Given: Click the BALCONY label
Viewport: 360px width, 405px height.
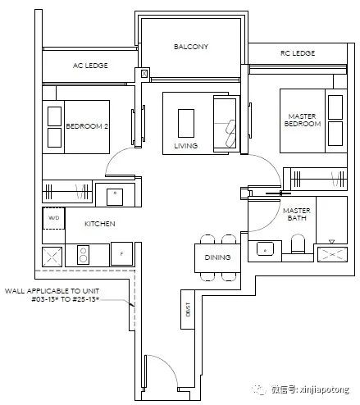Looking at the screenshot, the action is point(191,47).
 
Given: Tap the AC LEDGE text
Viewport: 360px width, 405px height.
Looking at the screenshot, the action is point(90,66).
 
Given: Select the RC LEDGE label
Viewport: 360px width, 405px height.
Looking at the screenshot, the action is point(298,53).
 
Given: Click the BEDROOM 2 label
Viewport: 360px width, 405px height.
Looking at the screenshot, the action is point(87,126).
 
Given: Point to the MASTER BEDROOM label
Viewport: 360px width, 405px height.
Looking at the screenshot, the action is point(303,120).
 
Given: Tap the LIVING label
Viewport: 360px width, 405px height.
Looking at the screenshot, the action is point(186,146).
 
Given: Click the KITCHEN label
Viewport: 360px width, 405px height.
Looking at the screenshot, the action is point(100,224).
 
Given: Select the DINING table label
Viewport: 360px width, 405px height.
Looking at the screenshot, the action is point(217,257).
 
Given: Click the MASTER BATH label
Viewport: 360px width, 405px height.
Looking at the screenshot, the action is point(297,214).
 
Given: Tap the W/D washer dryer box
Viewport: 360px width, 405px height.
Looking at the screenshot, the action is point(53,218).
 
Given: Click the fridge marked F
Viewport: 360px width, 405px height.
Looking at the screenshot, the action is point(121,253).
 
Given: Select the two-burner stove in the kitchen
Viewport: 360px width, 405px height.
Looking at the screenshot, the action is point(83,255).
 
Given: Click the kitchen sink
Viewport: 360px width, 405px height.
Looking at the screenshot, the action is point(115,197).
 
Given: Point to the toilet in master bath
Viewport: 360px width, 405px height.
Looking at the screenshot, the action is point(298,243).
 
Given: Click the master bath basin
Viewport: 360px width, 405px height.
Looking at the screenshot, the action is point(265,249).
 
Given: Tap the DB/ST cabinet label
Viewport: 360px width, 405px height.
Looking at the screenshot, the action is point(188,309).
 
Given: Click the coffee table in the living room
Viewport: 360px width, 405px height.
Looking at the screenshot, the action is point(186,123).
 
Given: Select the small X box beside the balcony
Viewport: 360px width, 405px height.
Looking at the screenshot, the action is point(144,74).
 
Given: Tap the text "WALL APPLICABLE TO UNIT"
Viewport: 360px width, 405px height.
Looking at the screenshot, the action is point(52,291).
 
